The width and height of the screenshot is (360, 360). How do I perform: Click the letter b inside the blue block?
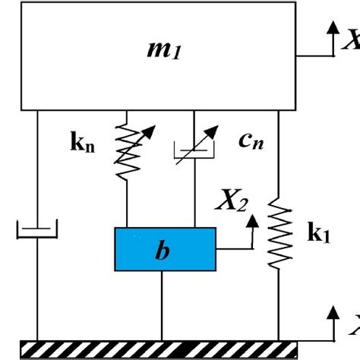click(160, 251)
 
